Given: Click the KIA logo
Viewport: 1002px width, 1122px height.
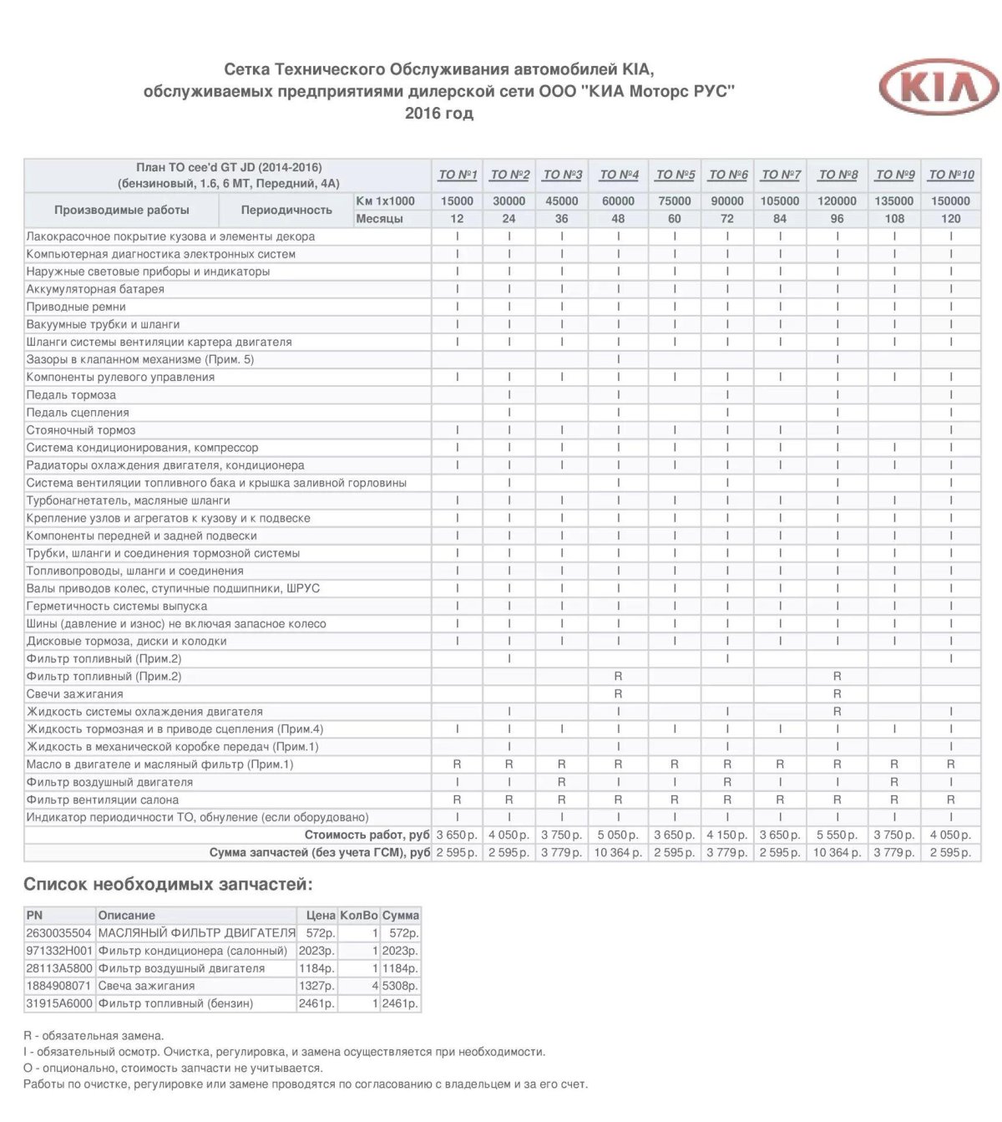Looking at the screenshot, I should [x=939, y=87].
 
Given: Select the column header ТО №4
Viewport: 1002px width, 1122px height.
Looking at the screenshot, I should [x=619, y=175].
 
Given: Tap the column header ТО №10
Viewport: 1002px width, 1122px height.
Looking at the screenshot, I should [x=951, y=175].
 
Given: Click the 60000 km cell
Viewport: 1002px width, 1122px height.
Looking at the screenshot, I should [x=618, y=201].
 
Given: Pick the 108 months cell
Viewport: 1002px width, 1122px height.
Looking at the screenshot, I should [x=894, y=219].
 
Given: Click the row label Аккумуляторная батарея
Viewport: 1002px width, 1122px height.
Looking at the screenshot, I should [x=95, y=289].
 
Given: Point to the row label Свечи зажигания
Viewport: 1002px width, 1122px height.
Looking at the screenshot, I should [x=74, y=694].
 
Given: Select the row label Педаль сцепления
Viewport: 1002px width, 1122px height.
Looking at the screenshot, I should [x=78, y=413].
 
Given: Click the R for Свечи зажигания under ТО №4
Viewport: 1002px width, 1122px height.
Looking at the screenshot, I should [x=618, y=694].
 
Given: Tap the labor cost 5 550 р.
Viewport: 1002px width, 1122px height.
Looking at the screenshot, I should [x=837, y=835].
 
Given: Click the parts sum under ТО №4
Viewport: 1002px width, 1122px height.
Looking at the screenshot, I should [x=618, y=853].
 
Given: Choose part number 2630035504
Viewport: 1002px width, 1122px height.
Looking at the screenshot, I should [x=58, y=933].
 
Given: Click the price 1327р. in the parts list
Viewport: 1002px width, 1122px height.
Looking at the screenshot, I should [x=316, y=986].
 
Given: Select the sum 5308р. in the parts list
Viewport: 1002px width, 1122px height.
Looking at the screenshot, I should [x=401, y=986].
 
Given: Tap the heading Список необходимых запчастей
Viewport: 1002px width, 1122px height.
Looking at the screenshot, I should [x=168, y=885].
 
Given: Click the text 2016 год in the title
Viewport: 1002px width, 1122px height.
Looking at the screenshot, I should [x=439, y=114].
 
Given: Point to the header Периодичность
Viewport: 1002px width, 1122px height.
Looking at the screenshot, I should [x=286, y=211].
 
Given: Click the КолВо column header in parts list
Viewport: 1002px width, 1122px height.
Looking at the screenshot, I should [x=359, y=916].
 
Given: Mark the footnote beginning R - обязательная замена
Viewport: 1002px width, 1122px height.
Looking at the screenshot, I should [x=94, y=1036].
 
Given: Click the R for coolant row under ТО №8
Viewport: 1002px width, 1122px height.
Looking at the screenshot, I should [x=837, y=712].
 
